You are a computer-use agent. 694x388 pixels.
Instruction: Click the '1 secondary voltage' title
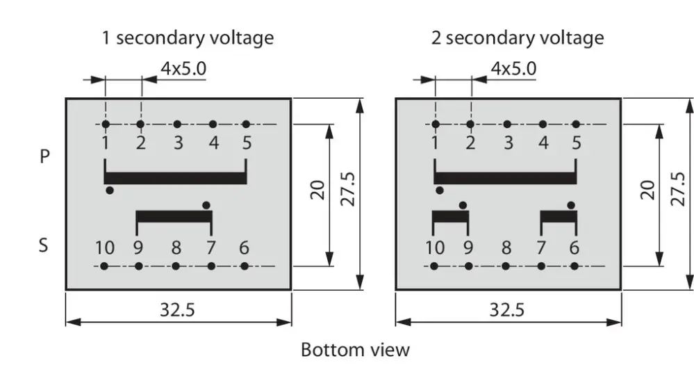coord(188,38)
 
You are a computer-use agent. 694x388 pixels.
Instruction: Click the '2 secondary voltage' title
coord(518,38)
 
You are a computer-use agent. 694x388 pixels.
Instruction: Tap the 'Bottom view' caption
coord(355,350)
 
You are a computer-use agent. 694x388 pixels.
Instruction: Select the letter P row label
coord(44,156)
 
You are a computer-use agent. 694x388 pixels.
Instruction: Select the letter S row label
coord(43,245)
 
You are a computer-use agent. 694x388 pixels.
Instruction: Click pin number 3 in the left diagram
coord(178,143)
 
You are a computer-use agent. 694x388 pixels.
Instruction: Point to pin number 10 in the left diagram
coord(105,248)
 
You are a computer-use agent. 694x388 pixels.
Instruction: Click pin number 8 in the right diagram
coord(506,248)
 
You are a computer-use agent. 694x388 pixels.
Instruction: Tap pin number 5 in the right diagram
coord(577,143)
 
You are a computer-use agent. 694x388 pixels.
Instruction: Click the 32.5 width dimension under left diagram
coord(177,309)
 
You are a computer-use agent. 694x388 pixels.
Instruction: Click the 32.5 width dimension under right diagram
coord(506,309)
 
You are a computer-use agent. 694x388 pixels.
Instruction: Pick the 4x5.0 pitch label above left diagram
coord(183,69)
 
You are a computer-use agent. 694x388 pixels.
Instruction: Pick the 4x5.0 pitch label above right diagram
coord(513,69)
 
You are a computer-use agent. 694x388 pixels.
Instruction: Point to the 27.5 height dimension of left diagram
coord(348,190)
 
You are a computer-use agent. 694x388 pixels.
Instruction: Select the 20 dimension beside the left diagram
coord(317,190)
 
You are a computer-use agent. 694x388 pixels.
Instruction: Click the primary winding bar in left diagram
coord(175,177)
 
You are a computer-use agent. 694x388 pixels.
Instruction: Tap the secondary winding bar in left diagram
coord(174,216)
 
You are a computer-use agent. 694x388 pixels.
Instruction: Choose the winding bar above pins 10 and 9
coord(450,216)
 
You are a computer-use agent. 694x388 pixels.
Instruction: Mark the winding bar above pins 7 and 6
coord(559,216)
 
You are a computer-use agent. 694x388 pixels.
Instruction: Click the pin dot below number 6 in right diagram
coord(575,266)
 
